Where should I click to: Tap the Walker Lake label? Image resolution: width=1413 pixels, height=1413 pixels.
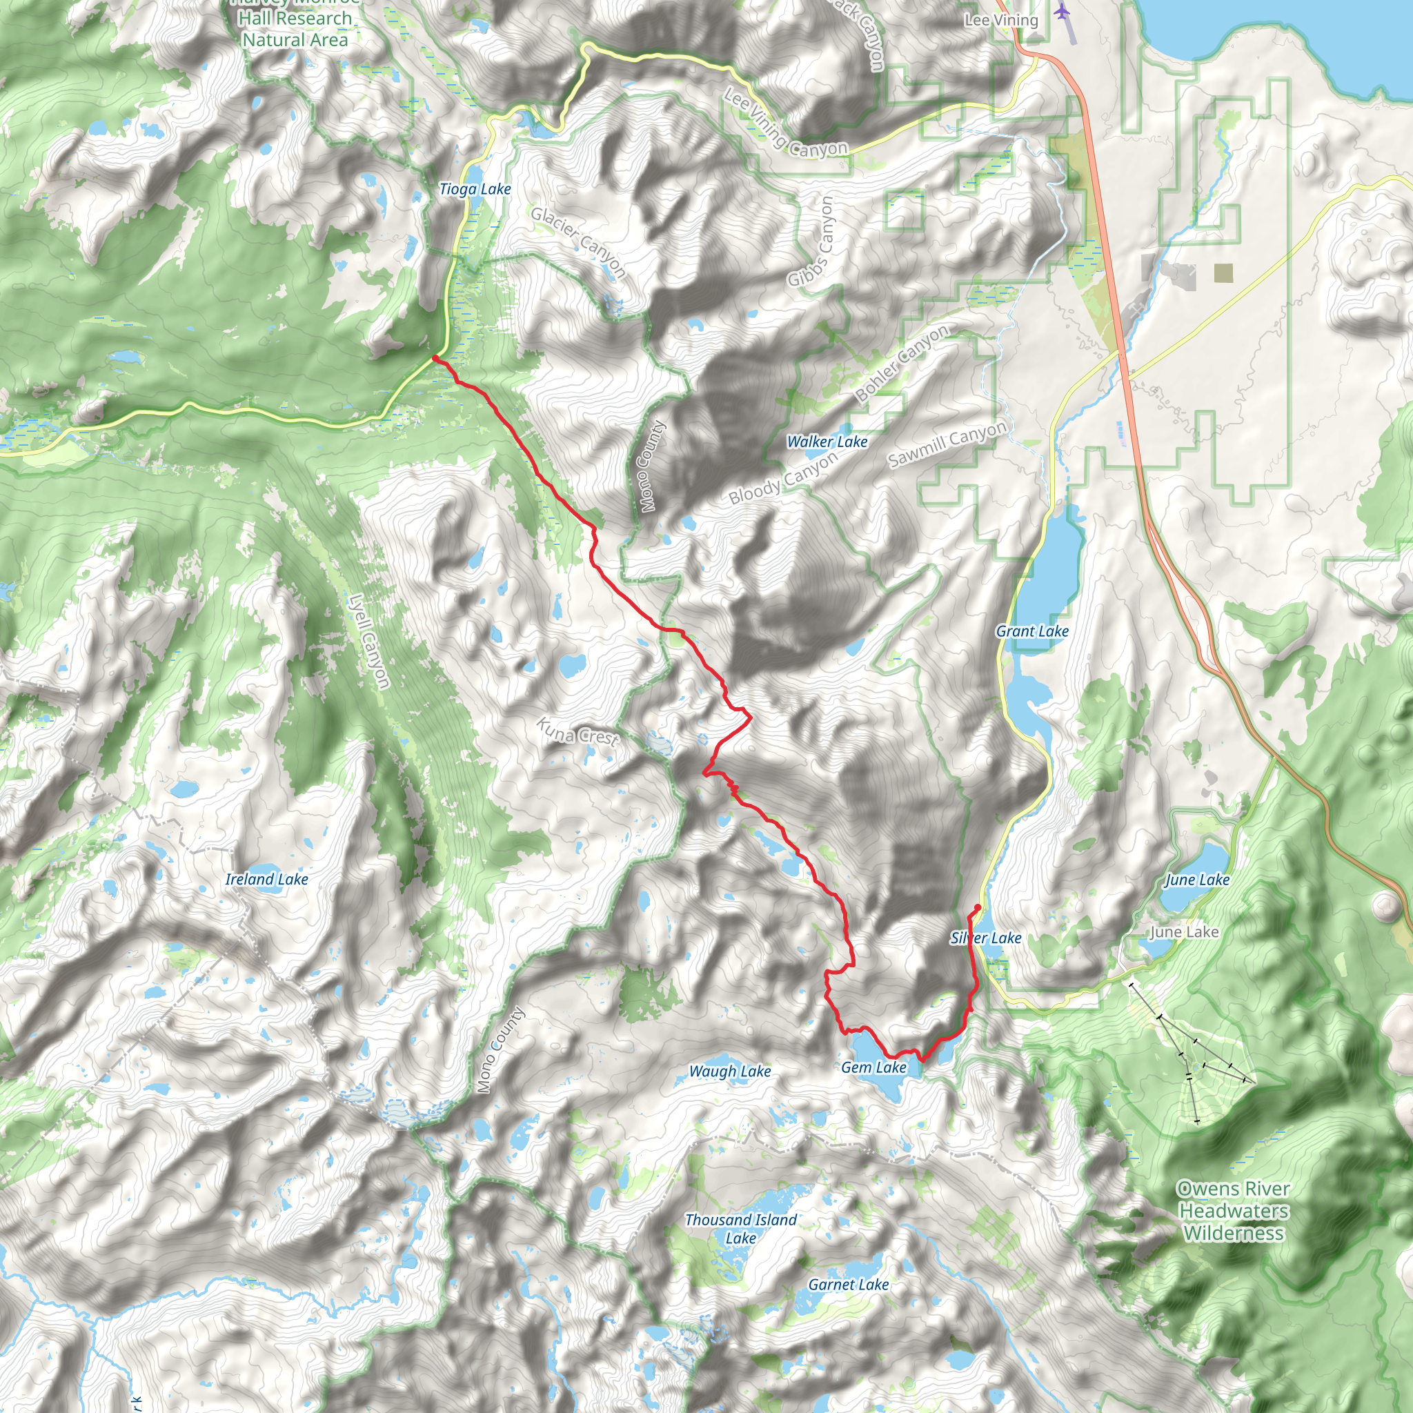[x=827, y=442]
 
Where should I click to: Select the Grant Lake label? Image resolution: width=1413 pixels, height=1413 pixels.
[x=1032, y=631]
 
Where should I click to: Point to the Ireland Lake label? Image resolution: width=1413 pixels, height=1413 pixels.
[x=266, y=879]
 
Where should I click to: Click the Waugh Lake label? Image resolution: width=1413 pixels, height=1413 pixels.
[x=730, y=1071]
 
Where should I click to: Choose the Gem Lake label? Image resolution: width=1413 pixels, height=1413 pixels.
[x=873, y=1067]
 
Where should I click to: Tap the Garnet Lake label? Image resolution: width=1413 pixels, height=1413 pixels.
[x=849, y=1284]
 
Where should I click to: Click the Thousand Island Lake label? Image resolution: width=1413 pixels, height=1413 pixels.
[x=740, y=1229]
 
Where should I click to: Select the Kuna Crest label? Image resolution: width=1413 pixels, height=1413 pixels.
[x=577, y=731]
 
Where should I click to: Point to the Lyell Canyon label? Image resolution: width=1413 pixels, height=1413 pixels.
[x=369, y=642]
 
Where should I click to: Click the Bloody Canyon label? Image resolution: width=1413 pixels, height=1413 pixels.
[x=782, y=480]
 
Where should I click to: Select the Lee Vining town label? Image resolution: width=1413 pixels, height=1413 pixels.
[x=1000, y=21]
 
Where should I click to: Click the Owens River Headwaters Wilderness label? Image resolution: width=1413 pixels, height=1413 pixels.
[x=1233, y=1210]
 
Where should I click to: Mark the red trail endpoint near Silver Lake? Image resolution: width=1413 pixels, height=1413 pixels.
[x=978, y=908]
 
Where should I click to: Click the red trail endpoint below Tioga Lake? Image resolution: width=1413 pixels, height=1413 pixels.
[x=435, y=357]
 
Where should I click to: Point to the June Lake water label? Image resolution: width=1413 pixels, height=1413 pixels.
[x=1196, y=880]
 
